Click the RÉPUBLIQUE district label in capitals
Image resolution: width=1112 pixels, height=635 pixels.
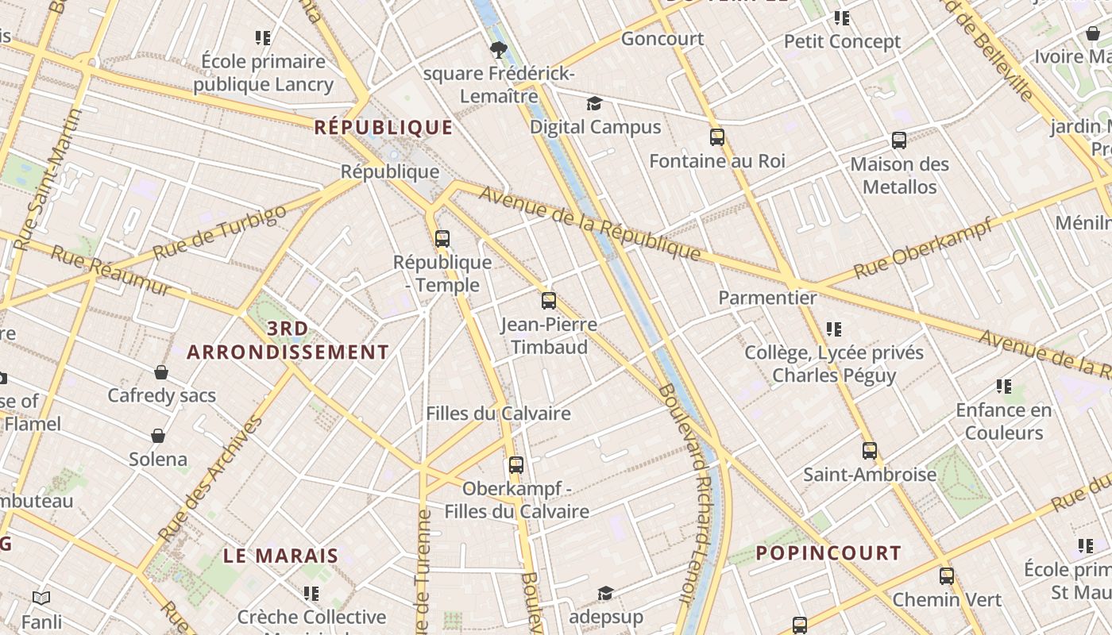[x=384, y=127]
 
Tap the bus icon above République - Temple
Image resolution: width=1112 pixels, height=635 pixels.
[x=442, y=238]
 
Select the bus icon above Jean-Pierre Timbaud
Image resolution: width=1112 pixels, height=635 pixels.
[x=549, y=301]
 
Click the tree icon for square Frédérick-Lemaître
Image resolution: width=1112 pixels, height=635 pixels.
[x=498, y=51]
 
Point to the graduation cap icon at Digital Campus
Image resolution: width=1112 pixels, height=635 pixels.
[x=594, y=104]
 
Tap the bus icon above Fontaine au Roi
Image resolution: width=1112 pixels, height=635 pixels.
[x=717, y=137]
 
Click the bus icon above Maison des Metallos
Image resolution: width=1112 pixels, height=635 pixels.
[x=899, y=140]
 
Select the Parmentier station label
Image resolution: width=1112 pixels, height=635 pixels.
[x=767, y=298]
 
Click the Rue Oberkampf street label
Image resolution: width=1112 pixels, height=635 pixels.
[x=923, y=248]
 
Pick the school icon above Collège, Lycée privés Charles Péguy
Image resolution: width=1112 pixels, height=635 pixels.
[x=834, y=329]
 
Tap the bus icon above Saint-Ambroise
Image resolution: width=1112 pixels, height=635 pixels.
[x=870, y=451]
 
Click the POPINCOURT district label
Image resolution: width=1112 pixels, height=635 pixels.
[x=828, y=553]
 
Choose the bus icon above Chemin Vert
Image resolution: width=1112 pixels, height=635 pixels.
[x=946, y=576]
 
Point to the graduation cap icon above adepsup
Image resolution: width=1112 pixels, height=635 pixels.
[x=606, y=593]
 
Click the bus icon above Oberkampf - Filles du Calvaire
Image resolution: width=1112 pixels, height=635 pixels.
[x=516, y=465]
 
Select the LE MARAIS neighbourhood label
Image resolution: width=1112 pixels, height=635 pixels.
[x=281, y=556]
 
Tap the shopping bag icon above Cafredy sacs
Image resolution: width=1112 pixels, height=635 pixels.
[x=161, y=372]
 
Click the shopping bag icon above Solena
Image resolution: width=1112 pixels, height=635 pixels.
[x=158, y=436]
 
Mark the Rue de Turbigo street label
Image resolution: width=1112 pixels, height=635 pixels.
[x=219, y=232]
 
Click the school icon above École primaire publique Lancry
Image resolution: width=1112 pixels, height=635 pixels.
[x=264, y=37]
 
